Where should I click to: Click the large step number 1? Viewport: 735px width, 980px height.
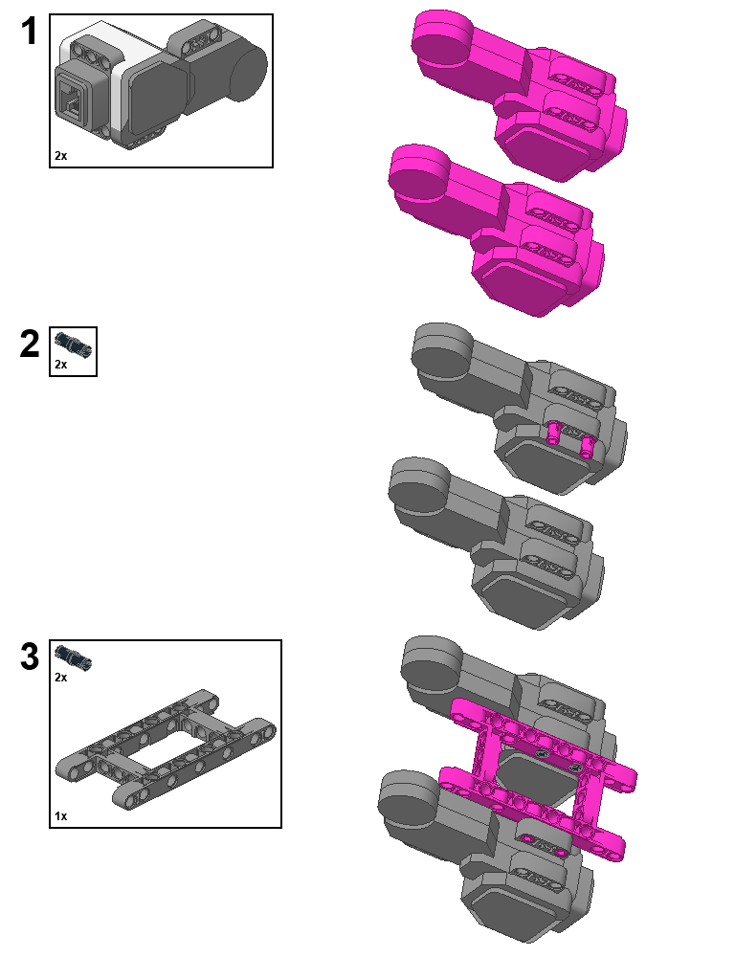pyautogui.click(x=30, y=33)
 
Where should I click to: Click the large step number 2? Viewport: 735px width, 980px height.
pyautogui.click(x=30, y=345)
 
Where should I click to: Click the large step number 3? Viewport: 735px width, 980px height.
pyautogui.click(x=30, y=657)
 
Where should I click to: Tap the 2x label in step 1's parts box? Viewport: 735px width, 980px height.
pyautogui.click(x=61, y=155)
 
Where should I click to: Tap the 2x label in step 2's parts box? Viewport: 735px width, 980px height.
pyautogui.click(x=61, y=365)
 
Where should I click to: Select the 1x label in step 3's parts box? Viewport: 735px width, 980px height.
pyautogui.click(x=61, y=816)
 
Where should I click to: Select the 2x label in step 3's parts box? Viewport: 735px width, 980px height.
pyautogui.click(x=61, y=678)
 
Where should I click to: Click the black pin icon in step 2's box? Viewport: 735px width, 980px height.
pyautogui.click(x=72, y=343)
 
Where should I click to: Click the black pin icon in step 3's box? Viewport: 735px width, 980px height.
pyautogui.click(x=73, y=657)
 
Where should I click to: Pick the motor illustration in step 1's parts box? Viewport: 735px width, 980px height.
pyautogui.click(x=158, y=85)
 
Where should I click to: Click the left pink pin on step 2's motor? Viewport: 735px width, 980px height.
pyautogui.click(x=554, y=434)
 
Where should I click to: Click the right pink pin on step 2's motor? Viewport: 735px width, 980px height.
pyautogui.click(x=587, y=442)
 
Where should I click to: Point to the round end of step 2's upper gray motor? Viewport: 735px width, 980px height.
pyautogui.click(x=443, y=352)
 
